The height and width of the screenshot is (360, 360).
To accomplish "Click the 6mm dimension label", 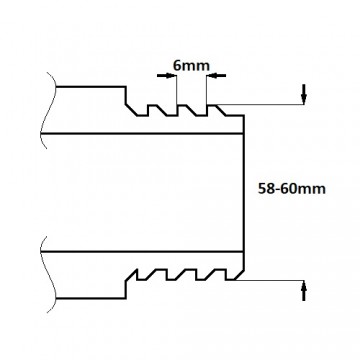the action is click(191, 65).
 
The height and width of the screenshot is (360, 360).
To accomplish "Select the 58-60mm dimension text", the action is click(292, 189).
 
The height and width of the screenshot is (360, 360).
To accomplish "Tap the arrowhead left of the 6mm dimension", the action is click(167, 76).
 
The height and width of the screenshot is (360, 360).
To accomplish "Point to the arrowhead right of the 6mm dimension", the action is click(216, 75).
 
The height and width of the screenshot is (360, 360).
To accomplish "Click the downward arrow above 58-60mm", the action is click(304, 94).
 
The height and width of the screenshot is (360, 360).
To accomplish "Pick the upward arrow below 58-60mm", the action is click(304, 291).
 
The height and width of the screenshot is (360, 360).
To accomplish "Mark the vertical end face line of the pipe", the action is click(244, 193).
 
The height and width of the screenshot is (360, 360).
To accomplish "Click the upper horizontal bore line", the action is click(142, 134).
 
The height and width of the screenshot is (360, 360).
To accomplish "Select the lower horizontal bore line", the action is click(142, 251).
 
